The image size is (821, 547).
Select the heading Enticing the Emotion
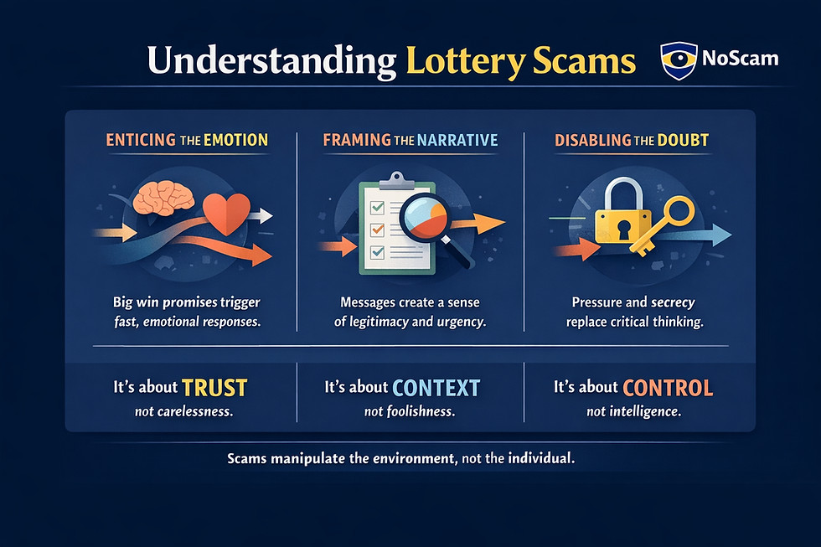click(x=187, y=140)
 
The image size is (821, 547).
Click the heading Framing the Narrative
click(x=410, y=140)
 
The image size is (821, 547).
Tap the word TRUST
click(x=214, y=387)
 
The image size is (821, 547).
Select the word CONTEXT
click(x=436, y=387)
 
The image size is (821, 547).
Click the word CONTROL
click(x=668, y=387)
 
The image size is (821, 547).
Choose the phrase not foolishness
click(x=410, y=411)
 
